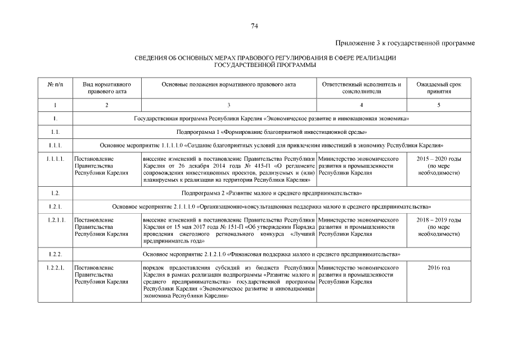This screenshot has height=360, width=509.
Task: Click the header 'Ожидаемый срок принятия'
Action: (439, 88)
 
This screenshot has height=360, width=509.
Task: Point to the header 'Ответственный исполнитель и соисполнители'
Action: (361, 88)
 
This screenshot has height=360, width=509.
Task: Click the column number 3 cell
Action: (228, 105)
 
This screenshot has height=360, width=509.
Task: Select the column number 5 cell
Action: (439, 105)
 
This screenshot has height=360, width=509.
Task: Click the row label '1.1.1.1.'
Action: (55, 159)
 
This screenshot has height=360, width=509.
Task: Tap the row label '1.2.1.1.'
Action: (55, 220)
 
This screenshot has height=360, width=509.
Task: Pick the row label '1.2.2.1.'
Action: (55, 268)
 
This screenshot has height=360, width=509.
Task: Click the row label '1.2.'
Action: (55, 193)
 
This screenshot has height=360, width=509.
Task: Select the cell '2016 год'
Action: (439, 268)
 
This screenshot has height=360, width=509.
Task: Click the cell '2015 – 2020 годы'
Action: (439, 159)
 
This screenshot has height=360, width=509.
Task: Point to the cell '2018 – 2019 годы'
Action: (439, 220)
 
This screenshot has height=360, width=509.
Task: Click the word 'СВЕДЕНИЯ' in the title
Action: (151, 58)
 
